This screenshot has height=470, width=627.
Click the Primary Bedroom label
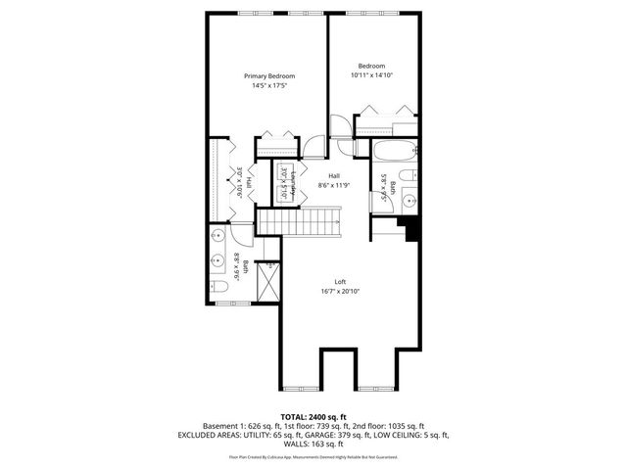[x=269, y=75]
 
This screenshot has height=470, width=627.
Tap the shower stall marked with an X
[x=265, y=285]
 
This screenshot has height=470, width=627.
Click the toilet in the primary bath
[x=220, y=286]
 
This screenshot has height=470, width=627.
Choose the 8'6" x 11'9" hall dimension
[x=333, y=185]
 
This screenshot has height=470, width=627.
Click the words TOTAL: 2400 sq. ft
[x=313, y=416]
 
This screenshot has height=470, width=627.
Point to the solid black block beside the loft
[x=412, y=228]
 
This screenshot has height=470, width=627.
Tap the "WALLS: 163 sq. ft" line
[x=313, y=443]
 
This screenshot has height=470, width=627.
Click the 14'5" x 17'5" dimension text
[x=269, y=85]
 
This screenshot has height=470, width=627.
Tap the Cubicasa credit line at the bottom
[x=313, y=456]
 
